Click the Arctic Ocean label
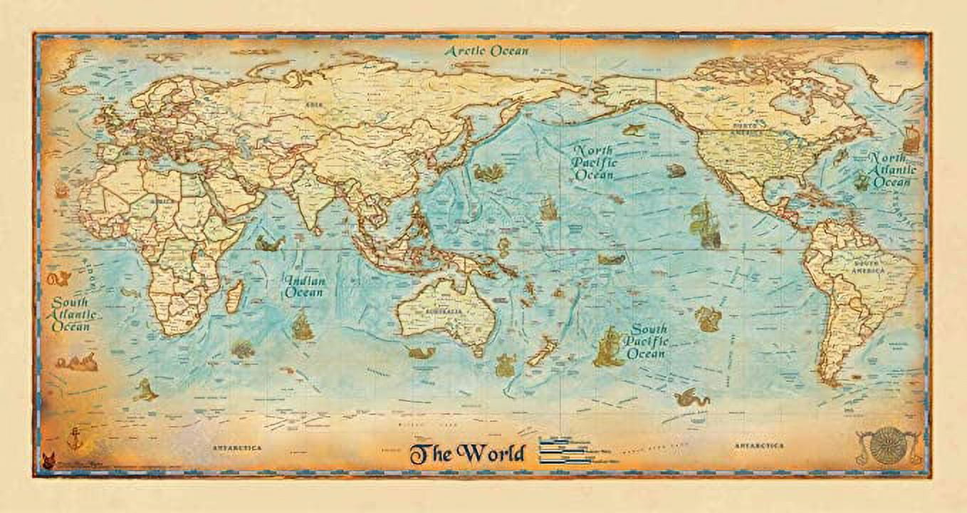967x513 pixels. coord(487,51)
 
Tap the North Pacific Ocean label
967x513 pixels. coord(595,162)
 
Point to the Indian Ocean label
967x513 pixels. coord(305,286)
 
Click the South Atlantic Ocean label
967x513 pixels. coord(70,314)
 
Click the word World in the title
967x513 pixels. coord(491,453)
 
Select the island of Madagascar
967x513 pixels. coord(234,295)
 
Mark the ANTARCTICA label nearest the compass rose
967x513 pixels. coord(759,446)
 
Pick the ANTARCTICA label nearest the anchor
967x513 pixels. coord(237,447)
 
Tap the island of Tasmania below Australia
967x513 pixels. coord(479,351)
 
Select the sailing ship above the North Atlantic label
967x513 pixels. coord(911,139)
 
